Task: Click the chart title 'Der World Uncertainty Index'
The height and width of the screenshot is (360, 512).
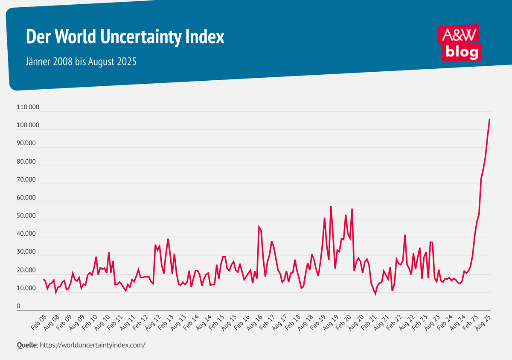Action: tap(125, 37)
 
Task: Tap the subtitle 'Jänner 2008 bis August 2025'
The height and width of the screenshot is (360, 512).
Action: tap(81, 61)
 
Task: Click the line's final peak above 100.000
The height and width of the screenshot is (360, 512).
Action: tap(489, 120)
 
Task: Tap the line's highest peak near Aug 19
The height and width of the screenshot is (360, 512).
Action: tap(331, 207)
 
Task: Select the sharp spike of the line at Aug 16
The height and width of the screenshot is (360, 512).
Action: tap(259, 227)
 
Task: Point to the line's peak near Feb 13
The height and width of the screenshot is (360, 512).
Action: tap(168, 239)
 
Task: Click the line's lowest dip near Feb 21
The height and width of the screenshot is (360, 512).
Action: tap(375, 294)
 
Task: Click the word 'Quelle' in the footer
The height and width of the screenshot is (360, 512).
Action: tap(27, 345)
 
